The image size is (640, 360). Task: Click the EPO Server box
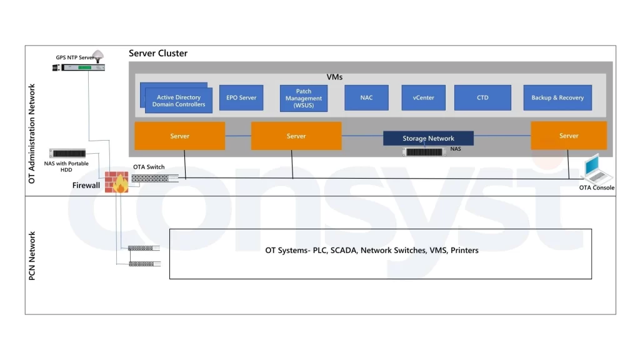tap(241, 98)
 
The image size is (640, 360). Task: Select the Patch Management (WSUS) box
tap(304, 98)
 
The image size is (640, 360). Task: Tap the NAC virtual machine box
tap(366, 98)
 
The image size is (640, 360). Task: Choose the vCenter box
tap(423, 98)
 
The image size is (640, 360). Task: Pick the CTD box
tap(482, 98)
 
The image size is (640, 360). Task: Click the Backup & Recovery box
tap(557, 98)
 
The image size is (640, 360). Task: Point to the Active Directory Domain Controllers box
tap(179, 100)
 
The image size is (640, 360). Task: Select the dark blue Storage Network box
tap(428, 138)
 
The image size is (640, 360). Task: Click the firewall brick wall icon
tap(116, 181)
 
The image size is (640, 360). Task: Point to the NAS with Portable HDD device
tap(69, 154)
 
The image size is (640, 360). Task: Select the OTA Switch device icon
tap(154, 178)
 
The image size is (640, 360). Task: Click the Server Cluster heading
tap(158, 54)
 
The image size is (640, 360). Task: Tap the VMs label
tap(334, 77)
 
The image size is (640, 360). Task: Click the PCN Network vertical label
tap(32, 255)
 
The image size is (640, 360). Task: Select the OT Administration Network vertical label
tap(32, 133)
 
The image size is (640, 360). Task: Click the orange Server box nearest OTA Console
tap(568, 136)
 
